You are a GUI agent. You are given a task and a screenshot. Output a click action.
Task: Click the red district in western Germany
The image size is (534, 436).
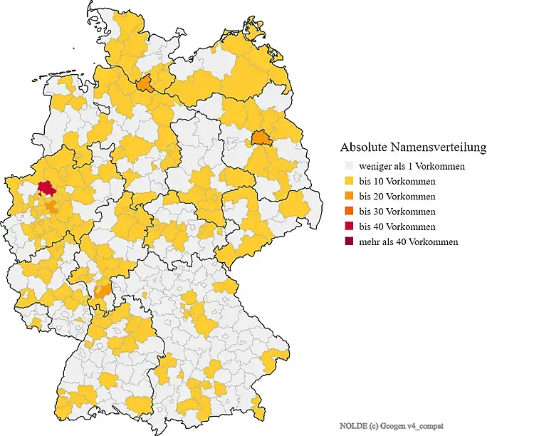pos(47,188)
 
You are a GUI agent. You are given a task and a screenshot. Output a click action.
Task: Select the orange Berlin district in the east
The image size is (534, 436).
pos(260,137)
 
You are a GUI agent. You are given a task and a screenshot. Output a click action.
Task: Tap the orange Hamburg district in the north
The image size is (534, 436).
pos(145,84)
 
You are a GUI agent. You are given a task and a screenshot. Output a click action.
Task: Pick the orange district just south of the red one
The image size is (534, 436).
pos(51,207)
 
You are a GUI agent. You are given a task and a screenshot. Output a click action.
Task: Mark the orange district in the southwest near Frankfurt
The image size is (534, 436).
pos(103,291)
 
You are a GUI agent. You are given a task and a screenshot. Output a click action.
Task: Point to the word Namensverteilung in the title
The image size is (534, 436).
pos(441,147)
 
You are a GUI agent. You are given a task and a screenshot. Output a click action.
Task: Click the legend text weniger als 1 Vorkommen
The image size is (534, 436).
pos(412,166)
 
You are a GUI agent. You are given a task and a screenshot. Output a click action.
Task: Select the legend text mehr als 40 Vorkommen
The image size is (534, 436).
pos(409,242)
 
